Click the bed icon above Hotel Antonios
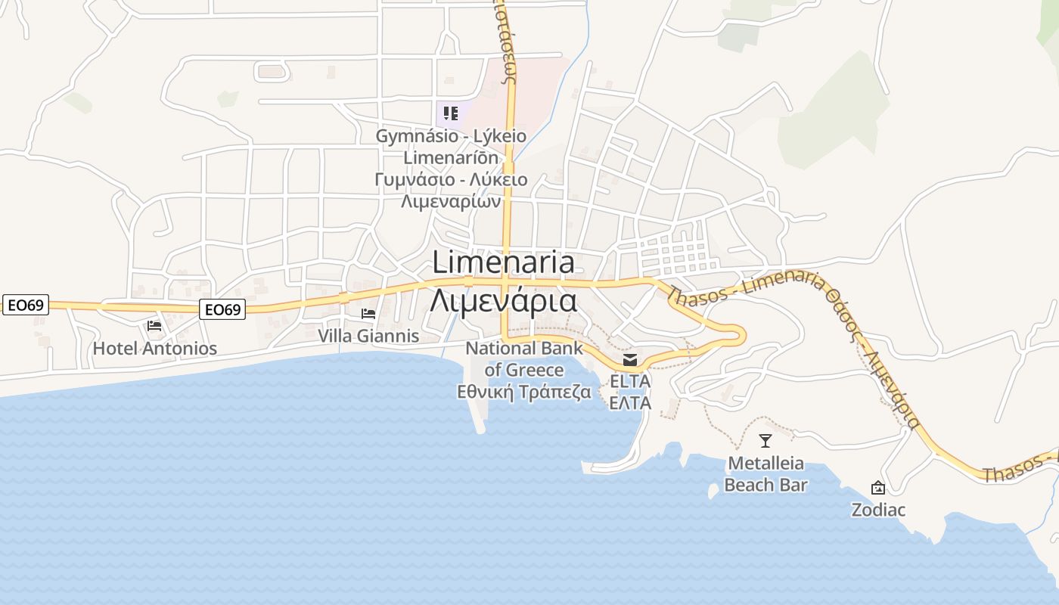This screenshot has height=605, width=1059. (x=154, y=326)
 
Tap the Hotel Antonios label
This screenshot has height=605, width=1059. (x=155, y=349)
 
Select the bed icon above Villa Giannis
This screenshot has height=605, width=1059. (x=368, y=313)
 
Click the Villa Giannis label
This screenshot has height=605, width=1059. (x=368, y=336)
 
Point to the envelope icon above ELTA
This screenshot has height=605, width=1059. (x=630, y=360)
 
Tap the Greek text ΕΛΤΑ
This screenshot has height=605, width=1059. (x=630, y=403)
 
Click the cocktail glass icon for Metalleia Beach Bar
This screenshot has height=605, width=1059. (x=766, y=441)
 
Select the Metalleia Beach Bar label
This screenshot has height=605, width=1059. (x=766, y=474)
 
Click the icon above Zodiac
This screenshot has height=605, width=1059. (x=878, y=488)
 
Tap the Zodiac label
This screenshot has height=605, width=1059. (x=878, y=510)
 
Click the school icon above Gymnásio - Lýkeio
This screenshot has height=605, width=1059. (x=451, y=114)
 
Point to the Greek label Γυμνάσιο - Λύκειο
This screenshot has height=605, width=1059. (x=451, y=181)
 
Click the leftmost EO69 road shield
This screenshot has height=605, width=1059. (x=25, y=306)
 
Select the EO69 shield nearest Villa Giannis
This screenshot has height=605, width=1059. (x=223, y=309)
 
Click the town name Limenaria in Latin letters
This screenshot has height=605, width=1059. (x=504, y=262)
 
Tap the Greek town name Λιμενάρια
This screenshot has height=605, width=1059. (x=504, y=300)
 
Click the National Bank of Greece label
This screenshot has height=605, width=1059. (x=524, y=359)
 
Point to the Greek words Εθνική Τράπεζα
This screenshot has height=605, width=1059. (x=524, y=392)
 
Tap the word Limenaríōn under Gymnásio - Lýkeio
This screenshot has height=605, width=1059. (x=451, y=158)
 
